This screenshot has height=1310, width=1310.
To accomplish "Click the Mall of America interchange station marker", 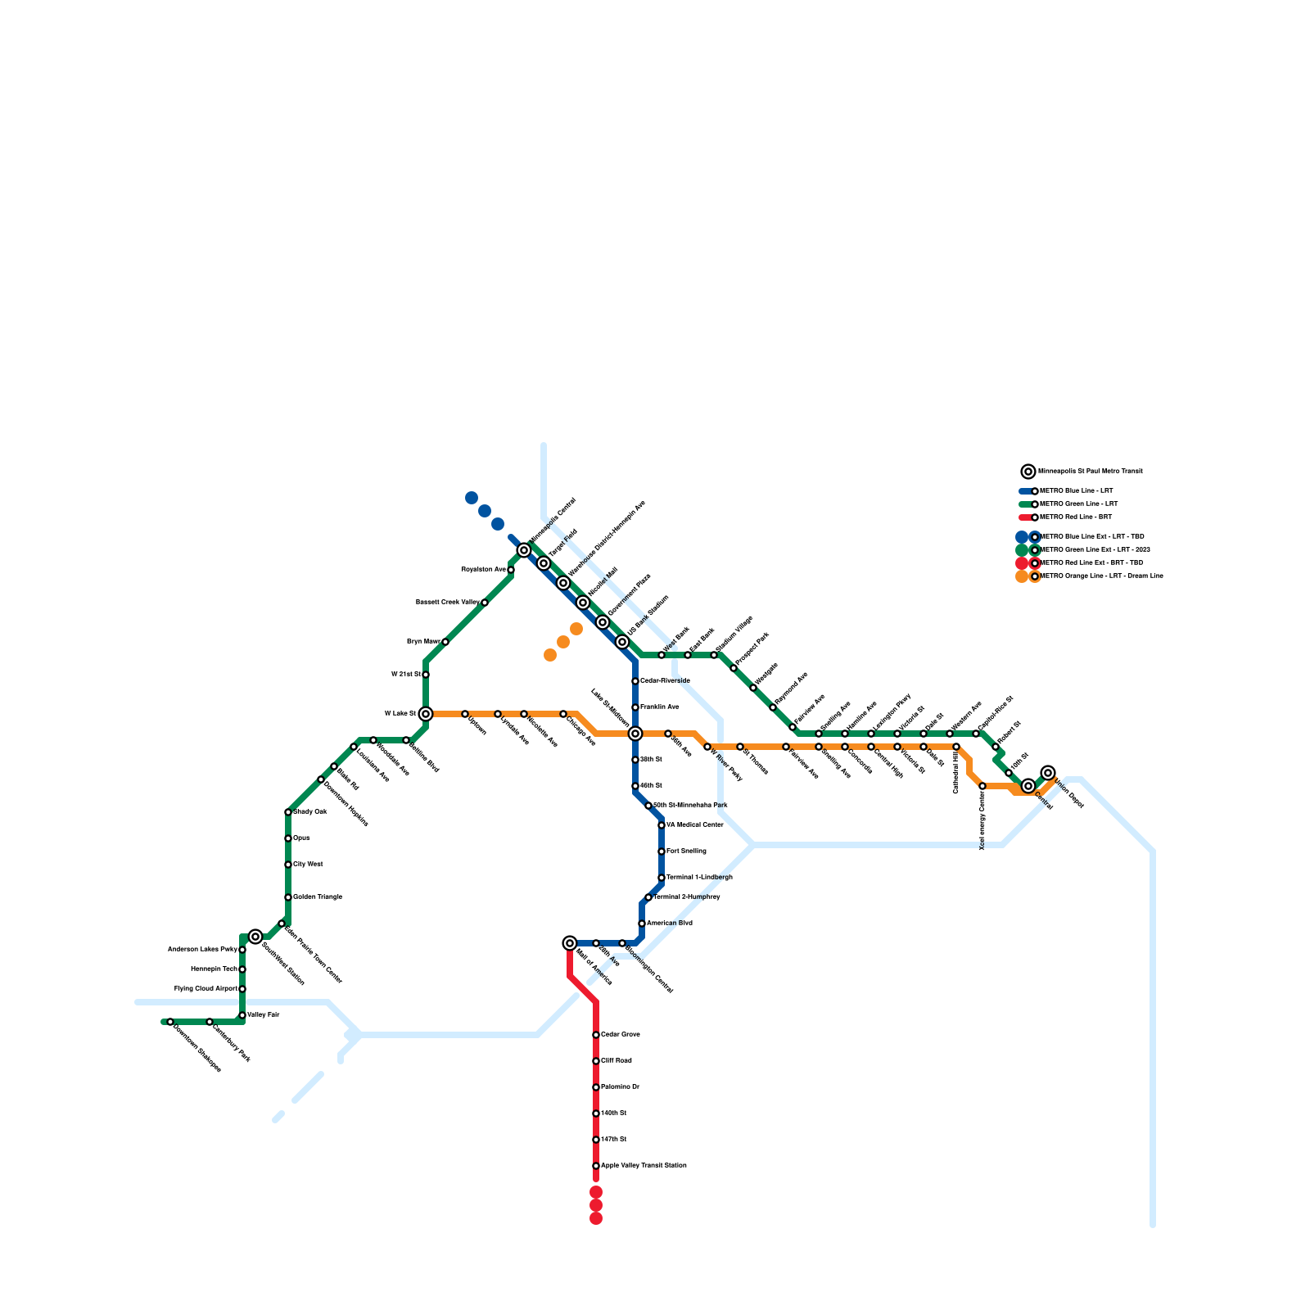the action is (x=570, y=943).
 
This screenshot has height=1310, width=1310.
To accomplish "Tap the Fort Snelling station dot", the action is (x=662, y=851).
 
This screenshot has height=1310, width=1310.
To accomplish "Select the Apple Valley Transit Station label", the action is (x=644, y=1166).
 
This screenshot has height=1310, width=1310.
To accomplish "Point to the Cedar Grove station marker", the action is (x=596, y=1035).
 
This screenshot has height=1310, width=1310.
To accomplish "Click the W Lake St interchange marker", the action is (x=426, y=714).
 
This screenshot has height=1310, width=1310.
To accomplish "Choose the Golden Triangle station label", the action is (x=318, y=897).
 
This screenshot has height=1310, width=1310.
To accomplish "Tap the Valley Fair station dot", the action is (x=242, y=1015).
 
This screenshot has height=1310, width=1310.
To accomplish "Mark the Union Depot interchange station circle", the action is (x=1048, y=773).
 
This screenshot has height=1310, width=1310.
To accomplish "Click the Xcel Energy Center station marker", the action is (x=982, y=786).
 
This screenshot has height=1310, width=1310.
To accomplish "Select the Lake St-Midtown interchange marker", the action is (x=635, y=734).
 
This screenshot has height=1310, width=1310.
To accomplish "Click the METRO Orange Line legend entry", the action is (x=1100, y=576).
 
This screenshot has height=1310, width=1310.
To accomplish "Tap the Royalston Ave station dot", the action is (x=511, y=570).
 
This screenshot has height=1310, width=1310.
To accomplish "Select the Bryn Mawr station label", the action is (x=422, y=642).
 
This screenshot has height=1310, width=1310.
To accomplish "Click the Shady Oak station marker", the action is (x=288, y=812).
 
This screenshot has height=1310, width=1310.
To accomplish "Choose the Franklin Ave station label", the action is (x=659, y=707).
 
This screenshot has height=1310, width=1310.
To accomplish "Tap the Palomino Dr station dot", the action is (x=596, y=1087).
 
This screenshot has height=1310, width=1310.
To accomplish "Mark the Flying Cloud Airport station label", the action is (x=206, y=989).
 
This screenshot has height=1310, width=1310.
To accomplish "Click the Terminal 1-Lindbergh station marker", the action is (x=662, y=878).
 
